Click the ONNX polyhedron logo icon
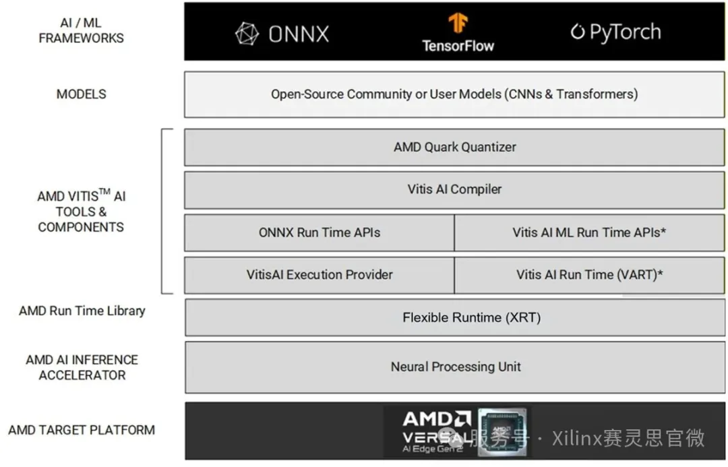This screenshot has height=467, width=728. click(247, 34)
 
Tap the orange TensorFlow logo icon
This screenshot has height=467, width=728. click(458, 23)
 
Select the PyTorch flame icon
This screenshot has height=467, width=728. click(577, 32)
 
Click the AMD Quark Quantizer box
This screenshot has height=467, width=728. click(454, 147)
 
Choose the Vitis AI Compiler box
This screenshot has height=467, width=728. click(454, 190)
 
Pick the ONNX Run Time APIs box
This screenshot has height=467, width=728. click(320, 232)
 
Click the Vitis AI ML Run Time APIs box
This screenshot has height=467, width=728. click(590, 232)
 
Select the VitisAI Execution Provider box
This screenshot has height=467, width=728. click(320, 275)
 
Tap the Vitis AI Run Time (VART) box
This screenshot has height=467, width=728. click(590, 275)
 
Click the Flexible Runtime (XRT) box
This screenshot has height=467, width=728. click(455, 317)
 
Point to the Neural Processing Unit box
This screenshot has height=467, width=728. click(455, 367)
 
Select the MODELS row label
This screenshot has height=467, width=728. click(82, 94)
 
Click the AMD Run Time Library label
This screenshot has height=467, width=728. click(82, 311)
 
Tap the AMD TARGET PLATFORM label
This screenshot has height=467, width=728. click(82, 431)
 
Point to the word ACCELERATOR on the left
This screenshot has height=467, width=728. click(82, 375)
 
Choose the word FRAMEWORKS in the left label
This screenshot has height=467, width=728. click(82, 38)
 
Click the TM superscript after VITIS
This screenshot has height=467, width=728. click(104, 191)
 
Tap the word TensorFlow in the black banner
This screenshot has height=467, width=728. click(458, 46)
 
